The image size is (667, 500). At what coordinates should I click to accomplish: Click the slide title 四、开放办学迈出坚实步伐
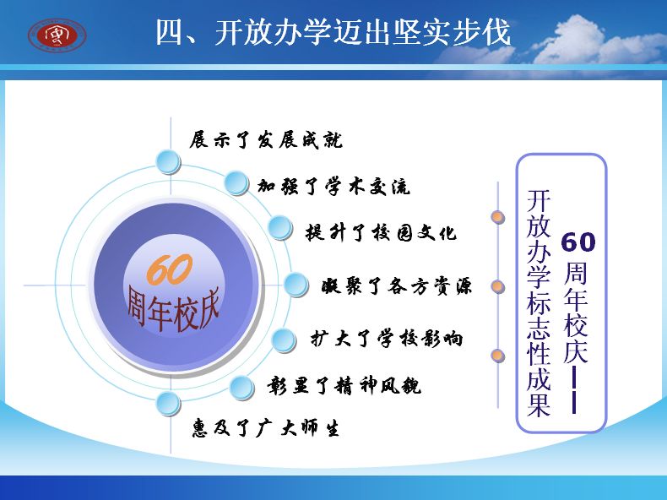tap(333, 32)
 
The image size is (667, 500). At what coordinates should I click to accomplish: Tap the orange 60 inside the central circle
tap(170, 269)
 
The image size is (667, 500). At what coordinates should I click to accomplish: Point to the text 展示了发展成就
tap(266, 140)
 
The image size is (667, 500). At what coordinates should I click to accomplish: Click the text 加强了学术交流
tap(333, 187)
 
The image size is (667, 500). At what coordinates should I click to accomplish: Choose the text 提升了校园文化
tap(381, 233)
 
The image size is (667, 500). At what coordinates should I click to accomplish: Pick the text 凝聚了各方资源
tap(397, 286)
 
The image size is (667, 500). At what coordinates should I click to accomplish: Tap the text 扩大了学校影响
tap(386, 340)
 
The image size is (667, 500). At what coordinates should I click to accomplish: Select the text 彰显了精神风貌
tap(344, 386)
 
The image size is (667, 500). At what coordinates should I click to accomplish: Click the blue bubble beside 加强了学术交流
tap(236, 183)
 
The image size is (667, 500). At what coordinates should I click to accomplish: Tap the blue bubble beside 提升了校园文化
tap(280, 228)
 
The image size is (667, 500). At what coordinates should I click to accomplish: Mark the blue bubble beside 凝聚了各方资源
tap(296, 285)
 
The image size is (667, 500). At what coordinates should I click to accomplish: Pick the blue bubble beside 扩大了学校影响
tap(284, 340)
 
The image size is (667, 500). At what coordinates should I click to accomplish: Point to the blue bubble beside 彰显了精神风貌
tap(241, 388)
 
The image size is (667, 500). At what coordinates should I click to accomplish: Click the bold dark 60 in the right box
tap(578, 242)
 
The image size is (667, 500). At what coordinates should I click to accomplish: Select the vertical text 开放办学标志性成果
tap(539, 303)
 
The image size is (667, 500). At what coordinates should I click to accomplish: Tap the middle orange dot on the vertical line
tap(497, 286)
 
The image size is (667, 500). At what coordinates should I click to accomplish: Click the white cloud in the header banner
tap(583, 41)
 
